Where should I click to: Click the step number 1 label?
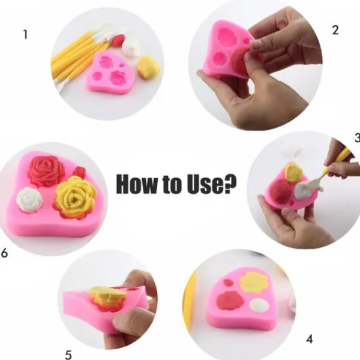25,35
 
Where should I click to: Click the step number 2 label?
335,30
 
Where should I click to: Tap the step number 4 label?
309,339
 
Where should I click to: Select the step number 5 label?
68,355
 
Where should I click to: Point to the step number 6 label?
5,253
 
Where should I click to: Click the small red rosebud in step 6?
79,173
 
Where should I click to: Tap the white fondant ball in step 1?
131,47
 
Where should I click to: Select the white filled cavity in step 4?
259,305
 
